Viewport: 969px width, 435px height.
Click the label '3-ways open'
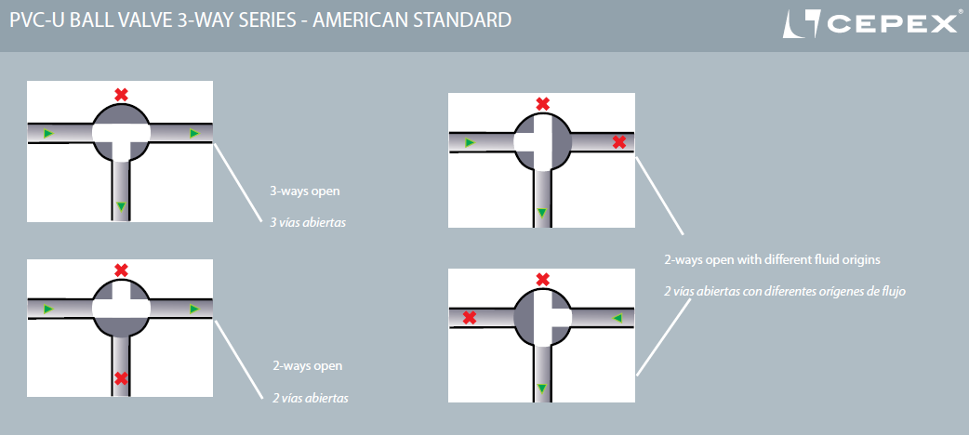coord(305,191)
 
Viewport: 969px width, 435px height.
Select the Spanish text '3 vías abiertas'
coord(307,222)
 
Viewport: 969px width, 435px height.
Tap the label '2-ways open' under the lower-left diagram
coord(307,366)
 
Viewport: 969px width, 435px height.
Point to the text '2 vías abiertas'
coord(311,398)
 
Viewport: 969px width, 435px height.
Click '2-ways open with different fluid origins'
coord(772,260)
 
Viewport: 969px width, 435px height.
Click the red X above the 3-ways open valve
coord(121,95)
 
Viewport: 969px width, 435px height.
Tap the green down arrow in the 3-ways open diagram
coord(121,206)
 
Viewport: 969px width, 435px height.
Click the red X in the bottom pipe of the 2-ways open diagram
coord(121,378)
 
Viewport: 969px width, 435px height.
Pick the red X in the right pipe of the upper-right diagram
coord(619,142)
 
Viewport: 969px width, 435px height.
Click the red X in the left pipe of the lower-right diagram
coord(470,318)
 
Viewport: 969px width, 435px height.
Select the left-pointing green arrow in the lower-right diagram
coord(617,318)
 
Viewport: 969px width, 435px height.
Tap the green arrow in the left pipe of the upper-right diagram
coord(470,143)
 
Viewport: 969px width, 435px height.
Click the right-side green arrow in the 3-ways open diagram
coord(194,133)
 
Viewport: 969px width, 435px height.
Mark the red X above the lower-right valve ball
coord(542,279)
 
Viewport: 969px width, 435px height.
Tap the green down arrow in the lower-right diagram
coord(542,388)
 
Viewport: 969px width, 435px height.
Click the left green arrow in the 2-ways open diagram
coord(48,309)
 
